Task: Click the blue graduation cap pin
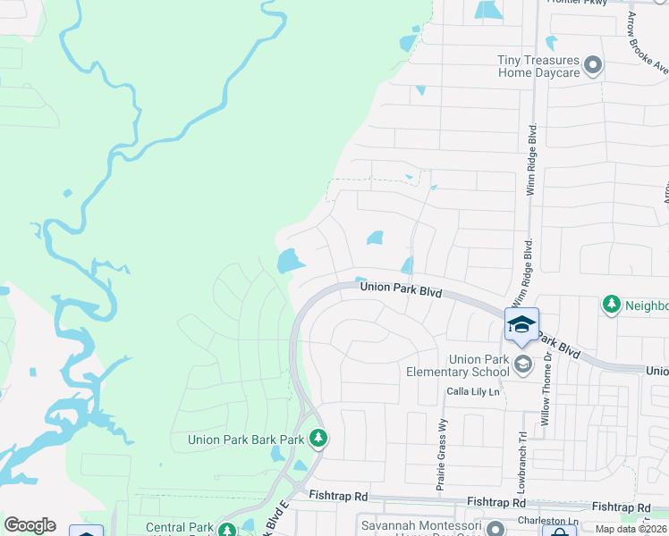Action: [522, 325]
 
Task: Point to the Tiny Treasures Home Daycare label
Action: [538, 66]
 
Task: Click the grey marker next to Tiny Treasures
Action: [592, 65]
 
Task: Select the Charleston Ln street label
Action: [547, 520]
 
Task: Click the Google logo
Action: [30, 525]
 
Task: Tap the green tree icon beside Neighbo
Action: [612, 305]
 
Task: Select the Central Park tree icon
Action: [227, 530]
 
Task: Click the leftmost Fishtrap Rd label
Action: [338, 495]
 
